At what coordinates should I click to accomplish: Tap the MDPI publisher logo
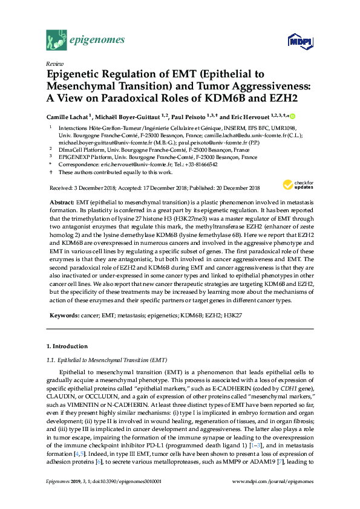(299, 41)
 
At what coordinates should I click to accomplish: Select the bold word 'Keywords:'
(62, 316)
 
